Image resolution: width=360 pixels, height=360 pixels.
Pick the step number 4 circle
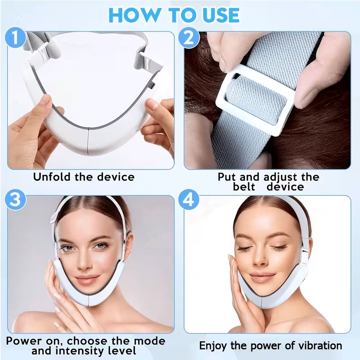point(189,201)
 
